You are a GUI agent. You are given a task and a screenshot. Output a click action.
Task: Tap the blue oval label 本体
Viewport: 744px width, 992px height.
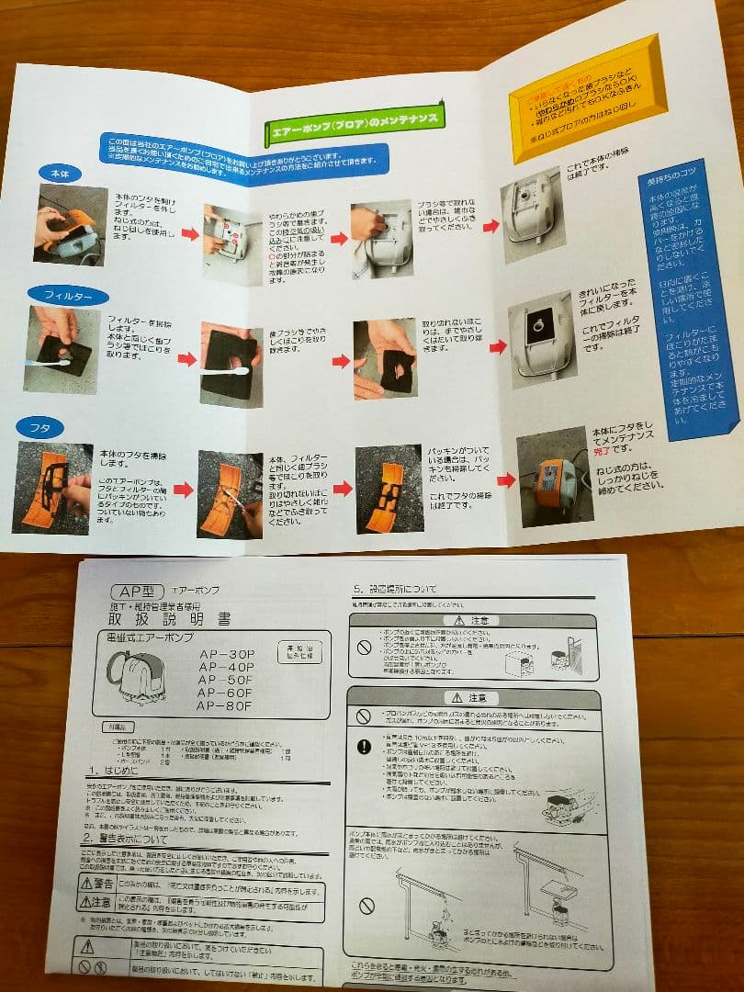pos(62,172)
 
